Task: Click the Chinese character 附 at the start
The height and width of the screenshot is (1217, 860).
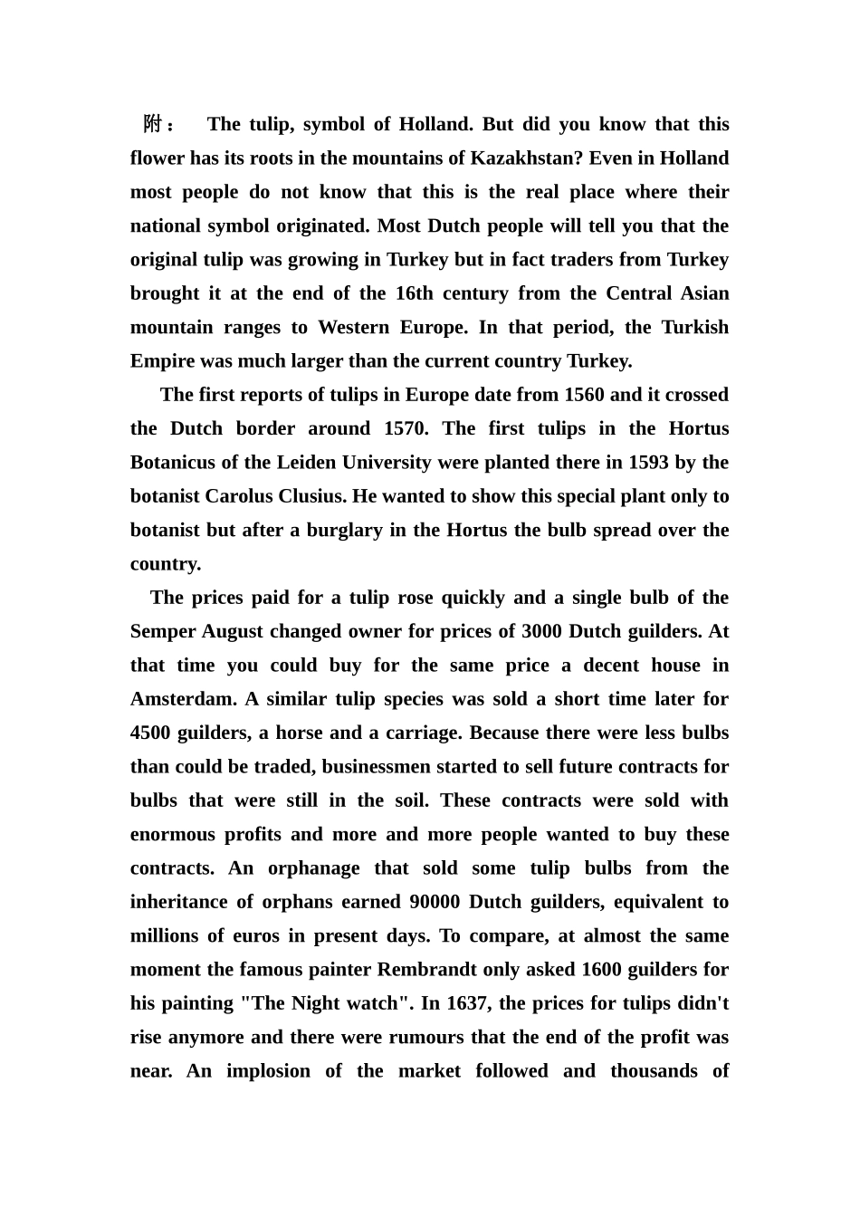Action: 152,124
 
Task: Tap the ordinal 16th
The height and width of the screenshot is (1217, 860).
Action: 415,293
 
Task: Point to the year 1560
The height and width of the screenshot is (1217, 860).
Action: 584,395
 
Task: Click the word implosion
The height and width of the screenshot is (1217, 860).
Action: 268,1071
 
